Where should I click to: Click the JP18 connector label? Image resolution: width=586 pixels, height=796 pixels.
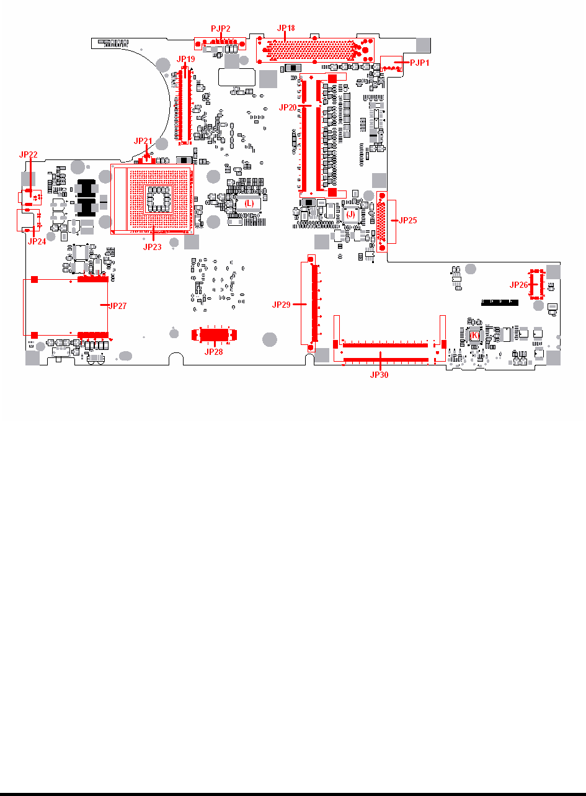[286, 28]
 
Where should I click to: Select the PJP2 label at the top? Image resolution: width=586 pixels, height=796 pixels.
[221, 29]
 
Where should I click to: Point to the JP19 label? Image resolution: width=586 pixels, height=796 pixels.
[186, 58]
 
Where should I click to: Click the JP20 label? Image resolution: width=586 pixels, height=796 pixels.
[288, 107]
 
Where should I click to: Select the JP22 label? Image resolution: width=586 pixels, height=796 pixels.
[29, 154]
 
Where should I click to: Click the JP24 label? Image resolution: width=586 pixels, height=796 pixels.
[37, 241]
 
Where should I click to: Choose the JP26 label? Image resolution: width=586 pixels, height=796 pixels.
[518, 285]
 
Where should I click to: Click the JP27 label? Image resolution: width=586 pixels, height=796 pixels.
[117, 306]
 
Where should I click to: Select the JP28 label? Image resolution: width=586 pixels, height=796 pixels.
[213, 351]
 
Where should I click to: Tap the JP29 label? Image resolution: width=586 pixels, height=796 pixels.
[282, 305]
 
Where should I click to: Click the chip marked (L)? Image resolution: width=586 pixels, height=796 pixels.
[249, 203]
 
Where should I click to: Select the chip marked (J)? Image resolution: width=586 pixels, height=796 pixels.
[350, 214]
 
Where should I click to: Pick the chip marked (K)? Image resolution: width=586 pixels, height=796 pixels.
[474, 335]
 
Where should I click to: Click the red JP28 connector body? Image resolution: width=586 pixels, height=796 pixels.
[213, 335]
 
